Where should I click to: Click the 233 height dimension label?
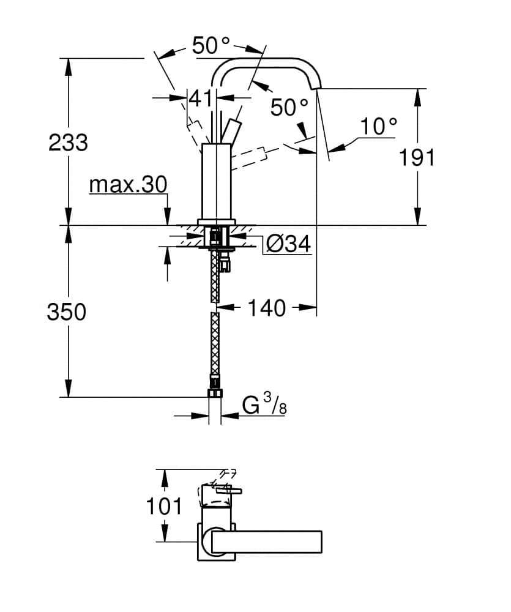pos(69,143)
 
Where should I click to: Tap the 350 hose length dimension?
pos(67,312)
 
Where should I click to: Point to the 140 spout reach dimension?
pos(267,308)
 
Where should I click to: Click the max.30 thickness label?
pos(127,184)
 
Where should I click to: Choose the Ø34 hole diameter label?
pos(288,245)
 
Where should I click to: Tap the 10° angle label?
pos(378,127)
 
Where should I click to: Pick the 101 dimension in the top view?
pos(164,506)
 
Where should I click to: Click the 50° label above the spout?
pos(211,46)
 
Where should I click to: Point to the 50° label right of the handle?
pos(289,108)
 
